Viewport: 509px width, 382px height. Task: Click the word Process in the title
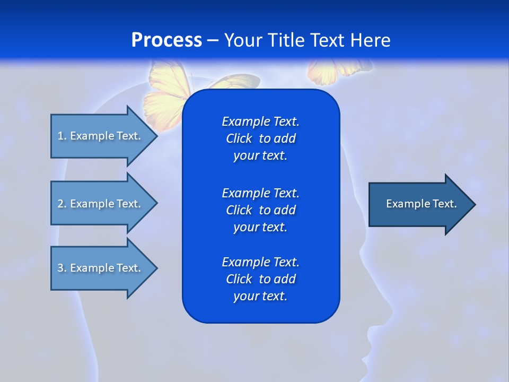tap(166, 40)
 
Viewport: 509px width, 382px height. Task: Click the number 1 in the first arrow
tap(60, 136)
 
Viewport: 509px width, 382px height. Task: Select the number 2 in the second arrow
tap(60, 204)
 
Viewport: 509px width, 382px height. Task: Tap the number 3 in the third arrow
tap(60, 268)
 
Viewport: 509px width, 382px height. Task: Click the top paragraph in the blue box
tap(260, 138)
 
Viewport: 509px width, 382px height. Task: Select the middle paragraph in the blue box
tap(260, 210)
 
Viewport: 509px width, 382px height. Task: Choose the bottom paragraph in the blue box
tap(260, 279)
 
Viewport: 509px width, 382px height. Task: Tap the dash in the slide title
tap(213, 40)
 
